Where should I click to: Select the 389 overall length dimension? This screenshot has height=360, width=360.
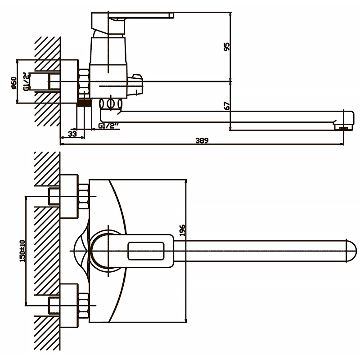[202, 140]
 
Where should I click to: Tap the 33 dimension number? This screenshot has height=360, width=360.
[72, 133]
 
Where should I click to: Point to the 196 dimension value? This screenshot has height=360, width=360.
[182, 230]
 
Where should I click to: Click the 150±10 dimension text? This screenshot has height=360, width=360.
[22, 251]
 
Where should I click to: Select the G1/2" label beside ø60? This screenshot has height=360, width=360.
[27, 81]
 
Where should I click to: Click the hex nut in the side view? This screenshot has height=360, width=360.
[84, 81]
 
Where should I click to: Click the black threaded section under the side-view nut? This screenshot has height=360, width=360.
[84, 103]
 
